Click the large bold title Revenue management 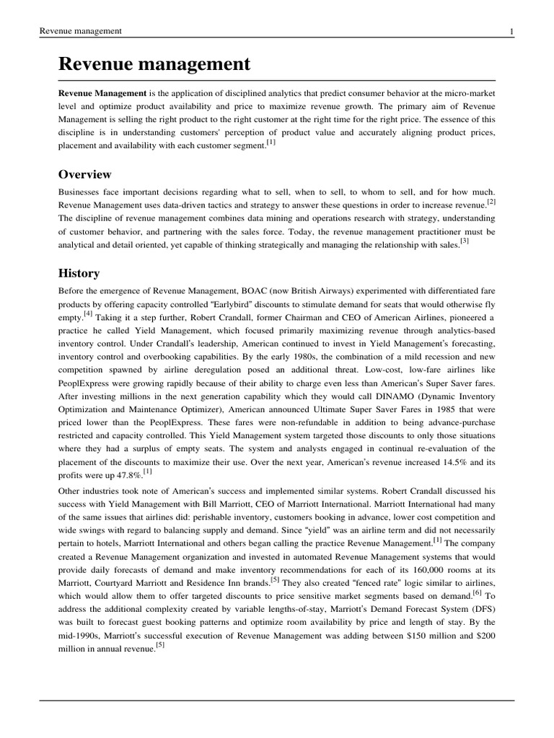point(154,64)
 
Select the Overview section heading point(84,174)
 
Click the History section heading point(79,273)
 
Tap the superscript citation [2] point(491,203)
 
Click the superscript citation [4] point(87,314)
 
